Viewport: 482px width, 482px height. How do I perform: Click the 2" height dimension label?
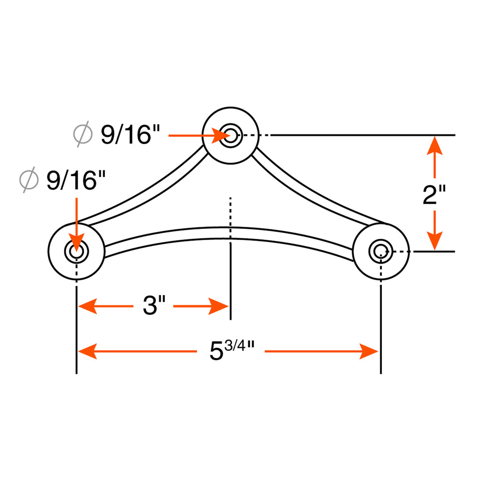pyautogui.click(x=434, y=195)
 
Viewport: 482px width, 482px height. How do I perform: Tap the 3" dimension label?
pyautogui.click(x=154, y=305)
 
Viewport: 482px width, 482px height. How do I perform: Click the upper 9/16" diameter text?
pyautogui.click(x=130, y=135)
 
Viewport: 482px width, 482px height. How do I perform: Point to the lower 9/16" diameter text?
pyautogui.click(x=76, y=180)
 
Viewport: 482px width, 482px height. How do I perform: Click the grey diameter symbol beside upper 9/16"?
pyautogui.click(x=83, y=134)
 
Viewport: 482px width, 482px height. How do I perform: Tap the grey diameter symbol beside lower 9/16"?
pyautogui.click(x=29, y=179)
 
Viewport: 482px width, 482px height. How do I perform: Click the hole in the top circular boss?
pyautogui.click(x=231, y=136)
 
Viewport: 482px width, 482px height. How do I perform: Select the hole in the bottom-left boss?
pyautogui.click(x=77, y=251)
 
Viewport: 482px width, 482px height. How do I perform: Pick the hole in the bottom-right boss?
pyautogui.click(x=381, y=251)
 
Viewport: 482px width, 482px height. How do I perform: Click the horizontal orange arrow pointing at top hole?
pyautogui.click(x=199, y=136)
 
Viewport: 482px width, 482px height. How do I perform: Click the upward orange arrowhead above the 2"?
pyautogui.click(x=434, y=145)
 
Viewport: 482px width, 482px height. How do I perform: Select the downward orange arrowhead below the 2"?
pyautogui.click(x=434, y=241)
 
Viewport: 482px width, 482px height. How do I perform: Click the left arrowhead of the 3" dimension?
pyautogui.click(x=88, y=306)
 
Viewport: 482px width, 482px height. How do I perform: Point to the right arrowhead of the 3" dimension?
pyautogui.click(x=218, y=306)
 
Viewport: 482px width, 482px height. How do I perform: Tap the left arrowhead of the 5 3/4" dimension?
pyautogui.click(x=88, y=351)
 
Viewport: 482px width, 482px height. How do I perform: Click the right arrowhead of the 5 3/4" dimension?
pyautogui.click(x=369, y=351)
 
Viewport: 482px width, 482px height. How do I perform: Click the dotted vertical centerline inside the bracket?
pyautogui.click(x=230, y=218)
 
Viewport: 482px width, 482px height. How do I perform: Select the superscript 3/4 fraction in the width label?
pyautogui.click(x=235, y=346)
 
